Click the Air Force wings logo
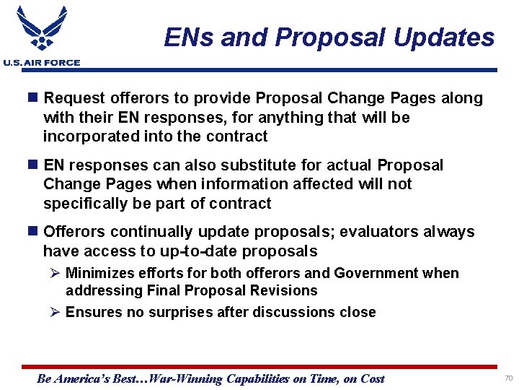click(42, 29)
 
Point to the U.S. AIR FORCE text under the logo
click(42, 63)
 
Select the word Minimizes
click(99, 273)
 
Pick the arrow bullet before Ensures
click(56, 312)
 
